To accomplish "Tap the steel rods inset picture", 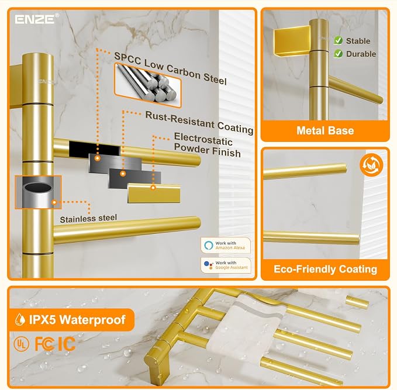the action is (x=148, y=85).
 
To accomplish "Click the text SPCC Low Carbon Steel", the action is (x=170, y=68).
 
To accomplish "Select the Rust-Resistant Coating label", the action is (x=199, y=122).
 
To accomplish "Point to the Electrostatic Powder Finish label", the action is (x=207, y=146).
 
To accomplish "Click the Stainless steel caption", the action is (x=88, y=219).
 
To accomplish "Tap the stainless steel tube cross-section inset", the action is (x=38, y=192).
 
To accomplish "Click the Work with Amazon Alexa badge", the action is (x=226, y=245).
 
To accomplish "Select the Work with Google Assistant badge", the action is (x=226, y=265).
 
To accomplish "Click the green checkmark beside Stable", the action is (x=338, y=40).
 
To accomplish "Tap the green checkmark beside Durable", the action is (x=338, y=54).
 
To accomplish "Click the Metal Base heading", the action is (x=325, y=130).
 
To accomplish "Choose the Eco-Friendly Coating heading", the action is (x=325, y=269).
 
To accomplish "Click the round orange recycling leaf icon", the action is (x=371, y=165).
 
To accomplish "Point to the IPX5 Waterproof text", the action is (x=78, y=320).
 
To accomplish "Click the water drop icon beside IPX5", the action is (x=20, y=320).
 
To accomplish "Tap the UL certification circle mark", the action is (x=21, y=344).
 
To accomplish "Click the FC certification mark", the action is (x=44, y=344).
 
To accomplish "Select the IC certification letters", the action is (x=66, y=344).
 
